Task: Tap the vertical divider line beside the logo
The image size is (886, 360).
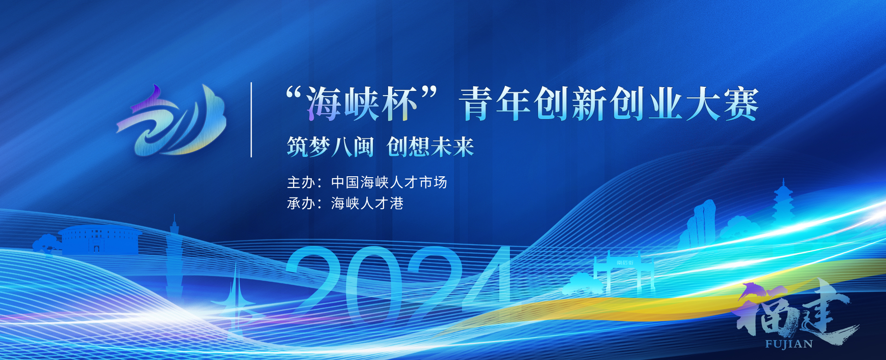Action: (251, 120)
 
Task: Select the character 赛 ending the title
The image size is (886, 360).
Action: (741, 104)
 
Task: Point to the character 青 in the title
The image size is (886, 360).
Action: (476, 104)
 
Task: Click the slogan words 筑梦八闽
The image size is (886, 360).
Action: (330, 147)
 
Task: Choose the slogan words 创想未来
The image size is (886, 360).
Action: (430, 147)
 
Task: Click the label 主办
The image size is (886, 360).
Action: (301, 182)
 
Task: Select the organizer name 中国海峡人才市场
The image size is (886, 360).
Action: (389, 182)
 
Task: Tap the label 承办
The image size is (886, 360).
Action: (301, 203)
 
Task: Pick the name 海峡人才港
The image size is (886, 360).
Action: (367, 203)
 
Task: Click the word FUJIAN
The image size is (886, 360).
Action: (789, 344)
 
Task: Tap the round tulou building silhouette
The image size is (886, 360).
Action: (100, 240)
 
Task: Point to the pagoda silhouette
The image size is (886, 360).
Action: (783, 203)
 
